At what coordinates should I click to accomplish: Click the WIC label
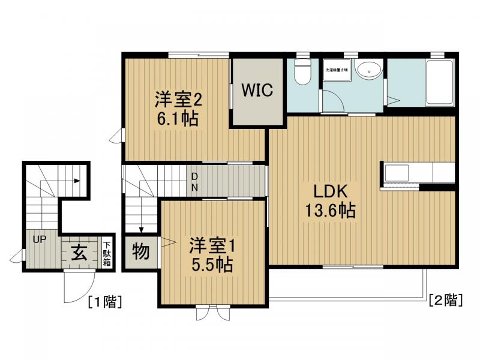click(x=257, y=91)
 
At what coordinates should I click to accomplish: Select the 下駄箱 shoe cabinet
click(x=106, y=253)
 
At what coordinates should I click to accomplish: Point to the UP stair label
click(x=40, y=239)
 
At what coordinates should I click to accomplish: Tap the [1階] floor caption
click(x=105, y=302)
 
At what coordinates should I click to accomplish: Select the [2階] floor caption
click(x=445, y=299)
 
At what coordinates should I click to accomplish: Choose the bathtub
click(x=441, y=84)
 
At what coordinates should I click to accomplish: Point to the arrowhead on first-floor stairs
click(x=77, y=180)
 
